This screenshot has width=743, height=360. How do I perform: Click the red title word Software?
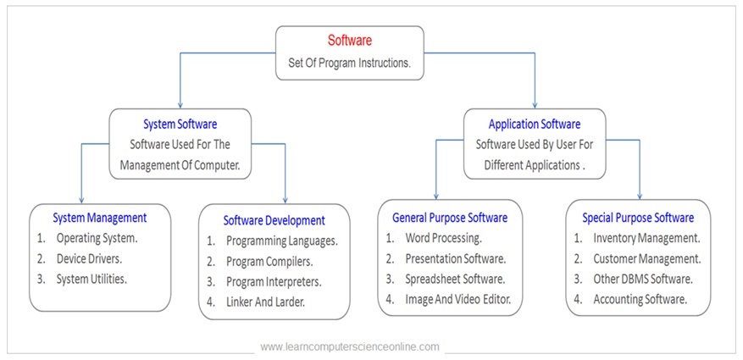point(349,40)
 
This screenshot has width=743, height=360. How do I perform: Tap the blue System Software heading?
point(180,123)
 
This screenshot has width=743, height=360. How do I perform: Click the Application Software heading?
point(535,123)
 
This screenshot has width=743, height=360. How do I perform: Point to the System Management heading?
point(100,218)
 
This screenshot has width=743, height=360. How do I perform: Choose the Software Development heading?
point(274,220)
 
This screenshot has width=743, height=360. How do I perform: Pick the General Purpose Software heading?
point(450,218)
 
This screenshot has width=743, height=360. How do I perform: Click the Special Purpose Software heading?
point(638,218)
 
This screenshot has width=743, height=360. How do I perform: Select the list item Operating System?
point(97,238)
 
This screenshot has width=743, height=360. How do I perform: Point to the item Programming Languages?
point(282,241)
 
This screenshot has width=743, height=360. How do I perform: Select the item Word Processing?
point(443,238)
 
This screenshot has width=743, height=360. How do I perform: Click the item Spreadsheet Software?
point(455,279)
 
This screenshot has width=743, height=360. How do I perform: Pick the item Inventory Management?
point(646,238)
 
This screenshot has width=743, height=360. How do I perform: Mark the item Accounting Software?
point(640,299)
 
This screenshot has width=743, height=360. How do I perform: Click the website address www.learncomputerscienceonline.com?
point(350,346)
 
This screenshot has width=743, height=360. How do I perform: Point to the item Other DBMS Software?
point(643,279)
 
